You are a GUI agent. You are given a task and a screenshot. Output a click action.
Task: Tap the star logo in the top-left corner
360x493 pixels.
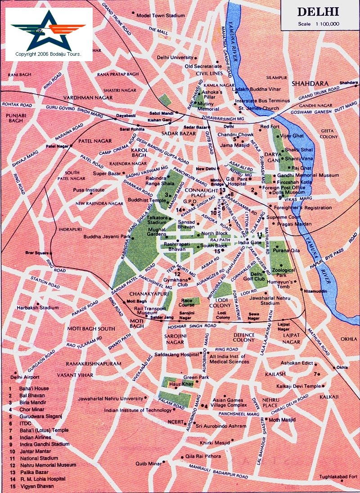coord(48,31)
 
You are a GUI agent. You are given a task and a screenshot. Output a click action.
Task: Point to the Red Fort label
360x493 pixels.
coord(270,127)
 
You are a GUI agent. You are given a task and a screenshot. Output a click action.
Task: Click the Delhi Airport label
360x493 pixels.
coord(25,377)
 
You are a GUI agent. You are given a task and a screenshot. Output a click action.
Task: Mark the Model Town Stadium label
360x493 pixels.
coord(162,15)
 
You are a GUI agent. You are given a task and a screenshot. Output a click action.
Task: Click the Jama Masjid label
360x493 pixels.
coord(233,146)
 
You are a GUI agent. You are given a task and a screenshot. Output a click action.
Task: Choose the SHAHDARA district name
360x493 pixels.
coord(310,84)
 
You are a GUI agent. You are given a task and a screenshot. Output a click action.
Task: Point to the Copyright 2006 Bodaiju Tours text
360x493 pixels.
coord(48,54)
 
